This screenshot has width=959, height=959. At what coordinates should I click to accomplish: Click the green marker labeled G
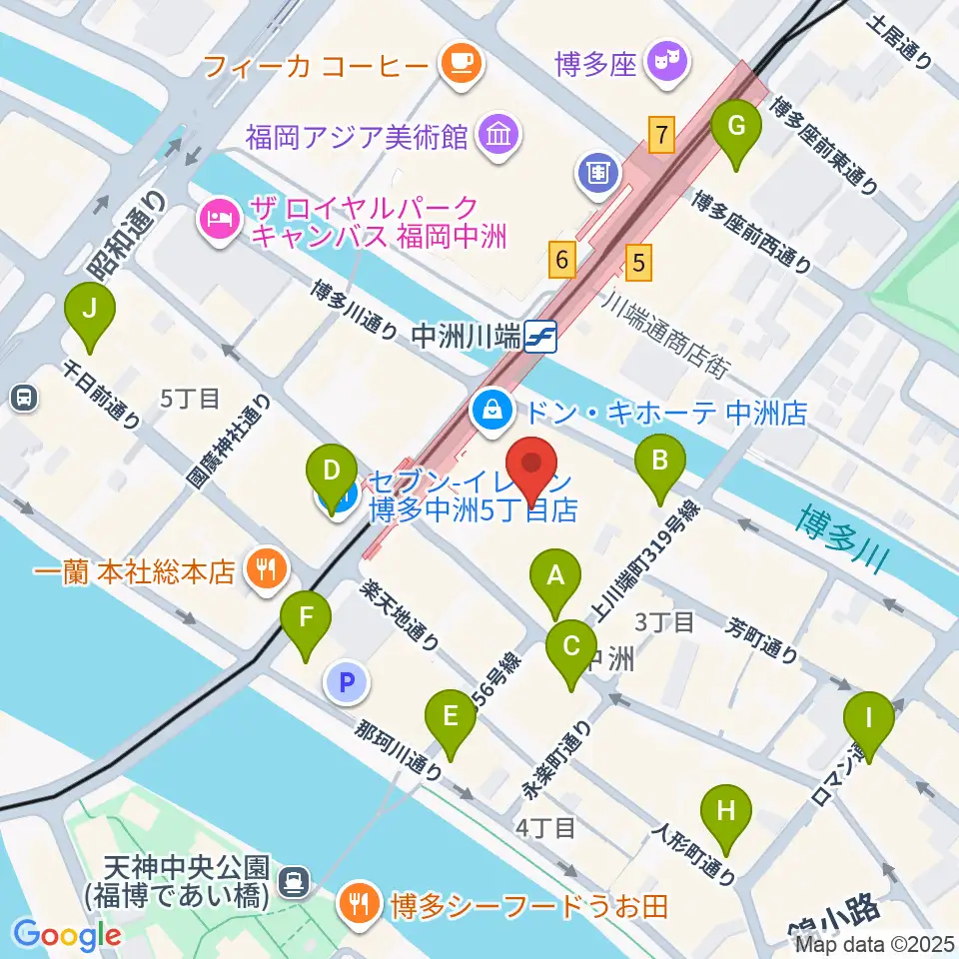736,128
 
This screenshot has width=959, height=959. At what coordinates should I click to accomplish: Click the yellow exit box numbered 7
659,134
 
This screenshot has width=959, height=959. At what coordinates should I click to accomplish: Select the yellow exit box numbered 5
639,262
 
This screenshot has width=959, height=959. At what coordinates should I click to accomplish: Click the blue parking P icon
347,683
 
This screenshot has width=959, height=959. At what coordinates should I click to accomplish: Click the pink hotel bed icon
220,218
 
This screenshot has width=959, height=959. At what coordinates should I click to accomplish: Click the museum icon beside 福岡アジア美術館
495,134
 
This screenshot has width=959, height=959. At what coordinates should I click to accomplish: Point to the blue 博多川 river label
841,538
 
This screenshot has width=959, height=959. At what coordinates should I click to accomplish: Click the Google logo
67,934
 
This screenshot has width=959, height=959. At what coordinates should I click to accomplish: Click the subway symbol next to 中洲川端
539,337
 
